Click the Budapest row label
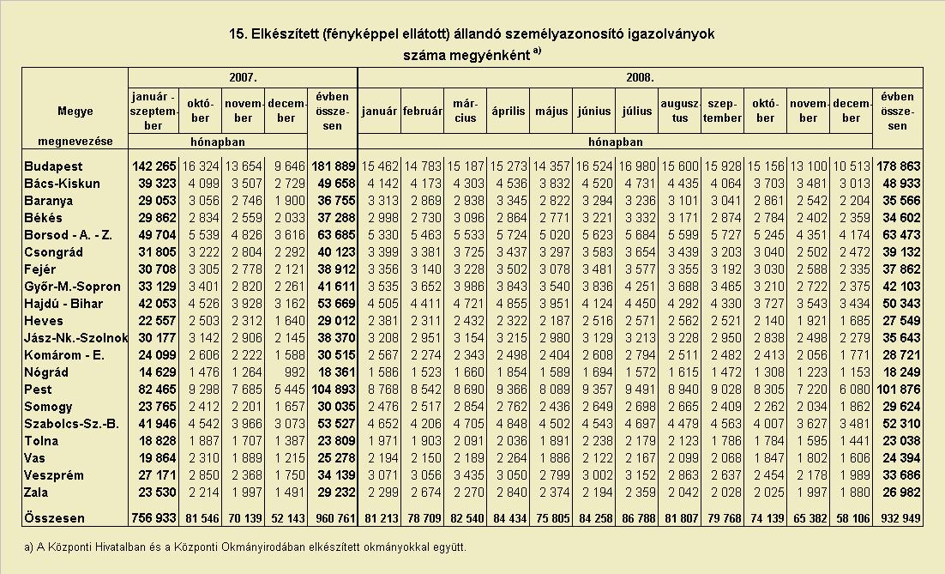53,166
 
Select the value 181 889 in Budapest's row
334,166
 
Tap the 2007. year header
243,78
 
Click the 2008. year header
640,78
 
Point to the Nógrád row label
46,372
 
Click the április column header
508,112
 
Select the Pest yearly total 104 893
334,390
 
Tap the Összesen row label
54,518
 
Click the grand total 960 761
334,518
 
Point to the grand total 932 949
898,518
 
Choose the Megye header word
75,111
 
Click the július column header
637,112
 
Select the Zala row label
36,492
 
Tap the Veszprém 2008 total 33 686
901,475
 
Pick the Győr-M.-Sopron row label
72,287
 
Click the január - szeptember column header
153,111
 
